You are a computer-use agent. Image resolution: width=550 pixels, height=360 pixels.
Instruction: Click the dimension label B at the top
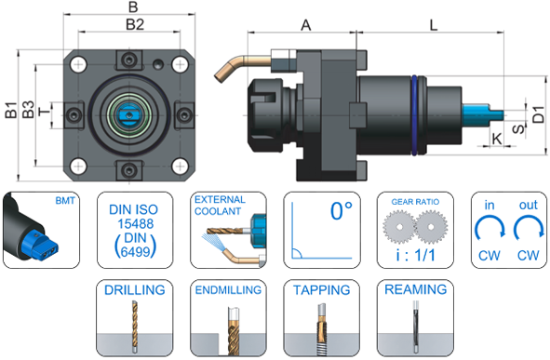(x=133, y=8)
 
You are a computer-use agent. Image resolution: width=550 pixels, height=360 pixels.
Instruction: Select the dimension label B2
(x=134, y=23)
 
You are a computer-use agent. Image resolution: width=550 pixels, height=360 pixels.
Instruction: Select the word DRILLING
(x=134, y=289)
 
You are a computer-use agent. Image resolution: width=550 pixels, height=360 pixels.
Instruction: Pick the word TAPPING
(x=322, y=289)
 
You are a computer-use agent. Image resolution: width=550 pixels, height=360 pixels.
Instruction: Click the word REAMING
(x=415, y=289)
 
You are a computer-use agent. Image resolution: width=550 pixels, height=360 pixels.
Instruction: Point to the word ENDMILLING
(x=228, y=290)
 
